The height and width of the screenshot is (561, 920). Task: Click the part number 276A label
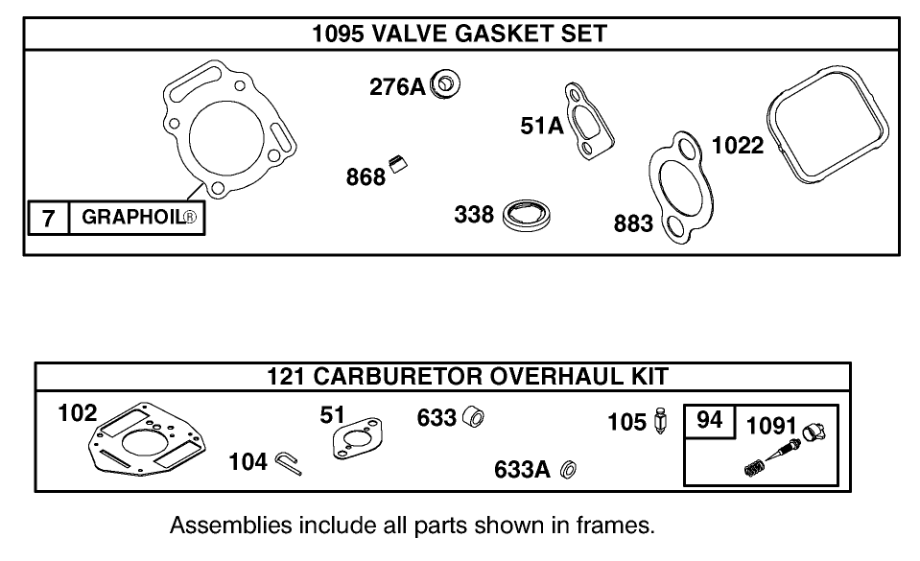pos(396,87)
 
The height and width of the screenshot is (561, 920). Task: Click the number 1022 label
pos(737,146)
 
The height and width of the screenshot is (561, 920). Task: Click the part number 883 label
pos(633,223)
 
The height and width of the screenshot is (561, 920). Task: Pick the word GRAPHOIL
pos(133,218)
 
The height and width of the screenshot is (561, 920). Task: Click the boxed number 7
pos(48,218)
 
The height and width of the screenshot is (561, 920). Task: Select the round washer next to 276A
pos(445,84)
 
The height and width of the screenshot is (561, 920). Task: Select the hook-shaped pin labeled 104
pos(287,463)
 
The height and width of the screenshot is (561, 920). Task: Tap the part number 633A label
pos(522,469)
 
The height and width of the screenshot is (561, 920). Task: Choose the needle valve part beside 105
pos(660,421)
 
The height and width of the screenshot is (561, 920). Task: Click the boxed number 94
pos(709,421)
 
